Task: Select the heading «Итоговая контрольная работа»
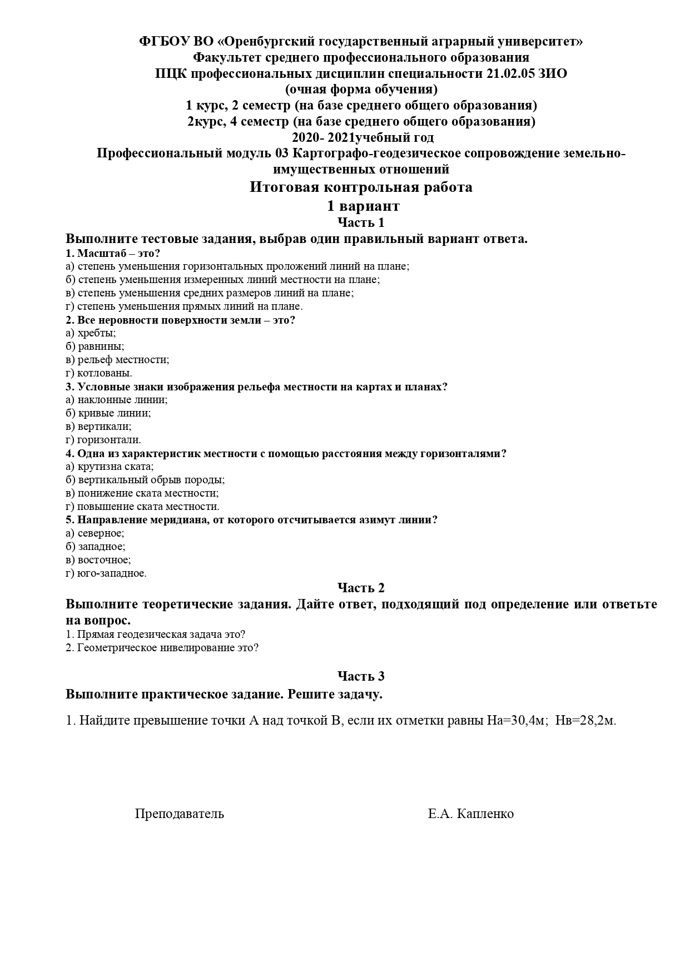point(361,187)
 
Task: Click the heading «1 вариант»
point(363,206)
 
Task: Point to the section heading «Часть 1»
point(361,222)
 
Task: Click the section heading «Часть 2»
point(361,588)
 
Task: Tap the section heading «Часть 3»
point(361,676)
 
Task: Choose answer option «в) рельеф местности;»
point(117,360)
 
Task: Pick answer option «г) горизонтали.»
point(103,440)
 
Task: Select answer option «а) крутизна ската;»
point(110,467)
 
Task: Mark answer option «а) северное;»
point(95,533)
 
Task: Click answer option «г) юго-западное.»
point(106,573)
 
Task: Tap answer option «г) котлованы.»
point(99,373)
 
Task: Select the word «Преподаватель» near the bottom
point(180,814)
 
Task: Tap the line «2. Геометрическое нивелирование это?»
point(162,648)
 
